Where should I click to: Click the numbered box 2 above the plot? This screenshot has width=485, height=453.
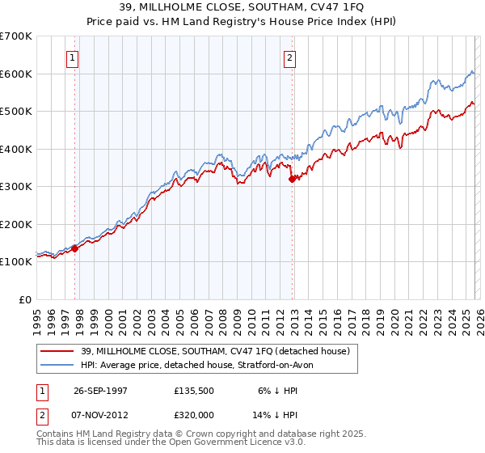[x=289, y=57]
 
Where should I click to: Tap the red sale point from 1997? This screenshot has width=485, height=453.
[x=75, y=248]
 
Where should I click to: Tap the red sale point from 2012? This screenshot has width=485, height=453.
[x=293, y=180]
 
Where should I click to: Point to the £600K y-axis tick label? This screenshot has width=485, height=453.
[x=16, y=74]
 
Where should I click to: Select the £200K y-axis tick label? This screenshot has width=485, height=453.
[x=16, y=224]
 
